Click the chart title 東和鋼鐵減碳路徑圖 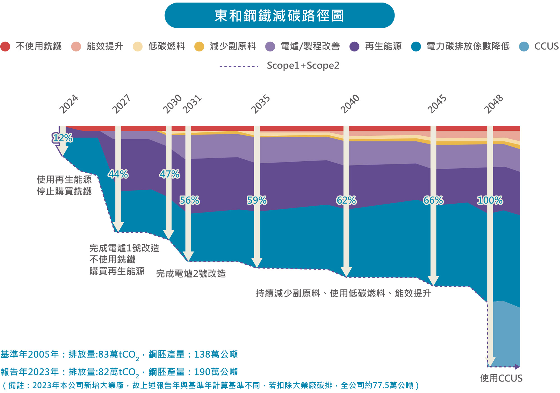click(279, 16)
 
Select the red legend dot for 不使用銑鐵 click(5, 46)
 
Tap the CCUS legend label click(546, 46)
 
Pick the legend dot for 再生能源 click(354, 46)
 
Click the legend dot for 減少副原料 click(199, 46)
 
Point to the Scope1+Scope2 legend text click(303, 66)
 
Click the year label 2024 click(69, 104)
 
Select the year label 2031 click(192, 104)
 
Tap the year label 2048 click(494, 104)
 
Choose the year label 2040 click(350, 104)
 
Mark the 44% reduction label click(118, 174)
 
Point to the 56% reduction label click(190, 200)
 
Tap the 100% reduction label click(490, 200)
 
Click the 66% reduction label click(433, 200)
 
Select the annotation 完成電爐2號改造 click(191, 274)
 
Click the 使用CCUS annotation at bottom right click(501, 378)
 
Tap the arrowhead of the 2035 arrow click(257, 263)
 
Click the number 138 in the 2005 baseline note click(202, 354)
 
